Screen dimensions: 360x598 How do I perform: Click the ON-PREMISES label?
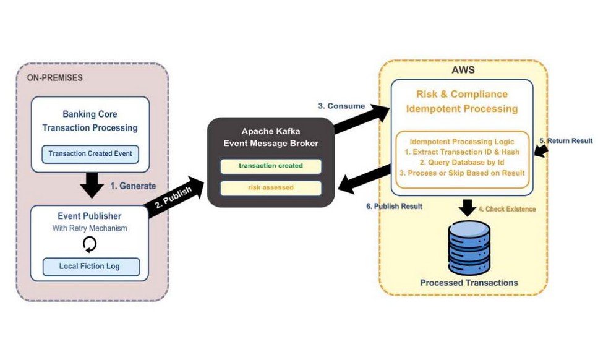point(56,78)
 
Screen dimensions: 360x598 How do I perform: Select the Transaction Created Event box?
point(90,153)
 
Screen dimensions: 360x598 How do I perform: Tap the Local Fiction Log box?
point(90,267)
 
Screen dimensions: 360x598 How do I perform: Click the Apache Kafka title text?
point(271,132)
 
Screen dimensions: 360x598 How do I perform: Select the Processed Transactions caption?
point(469,283)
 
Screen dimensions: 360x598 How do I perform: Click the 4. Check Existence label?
point(511,209)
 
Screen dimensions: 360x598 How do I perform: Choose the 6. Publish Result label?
point(393,206)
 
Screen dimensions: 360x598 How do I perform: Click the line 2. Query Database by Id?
point(462,162)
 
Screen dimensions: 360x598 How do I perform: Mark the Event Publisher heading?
point(91,216)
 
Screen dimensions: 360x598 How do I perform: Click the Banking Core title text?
point(90,114)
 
